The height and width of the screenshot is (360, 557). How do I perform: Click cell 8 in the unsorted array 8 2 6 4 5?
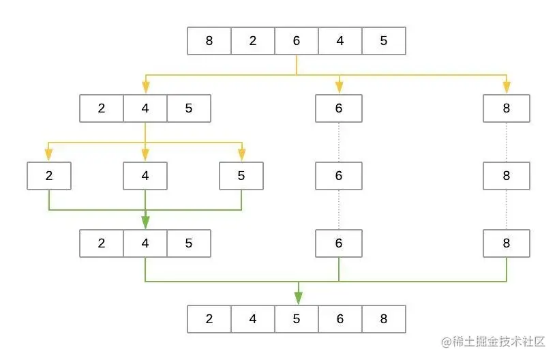(209, 41)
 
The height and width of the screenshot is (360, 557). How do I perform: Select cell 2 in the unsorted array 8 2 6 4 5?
(253, 41)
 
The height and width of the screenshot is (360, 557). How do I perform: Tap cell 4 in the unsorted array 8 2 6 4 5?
(340, 41)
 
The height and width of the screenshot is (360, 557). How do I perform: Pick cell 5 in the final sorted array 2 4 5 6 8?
(297, 318)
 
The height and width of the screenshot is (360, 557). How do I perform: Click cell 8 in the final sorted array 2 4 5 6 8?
(384, 318)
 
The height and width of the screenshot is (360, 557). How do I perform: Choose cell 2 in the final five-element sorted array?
(209, 318)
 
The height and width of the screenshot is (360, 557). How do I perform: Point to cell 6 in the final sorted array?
(340, 318)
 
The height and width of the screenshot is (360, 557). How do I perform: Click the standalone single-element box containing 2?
(49, 176)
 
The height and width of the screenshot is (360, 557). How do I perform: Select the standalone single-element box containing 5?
(241, 176)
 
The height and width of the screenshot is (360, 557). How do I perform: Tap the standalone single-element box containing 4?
(145, 176)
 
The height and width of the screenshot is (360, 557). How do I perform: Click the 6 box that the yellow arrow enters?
(339, 108)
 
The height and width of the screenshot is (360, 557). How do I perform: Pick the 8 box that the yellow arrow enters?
(507, 108)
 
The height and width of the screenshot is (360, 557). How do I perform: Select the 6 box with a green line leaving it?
(339, 243)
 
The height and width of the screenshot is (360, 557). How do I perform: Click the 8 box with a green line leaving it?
(507, 243)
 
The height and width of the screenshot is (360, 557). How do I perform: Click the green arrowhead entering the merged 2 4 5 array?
(145, 222)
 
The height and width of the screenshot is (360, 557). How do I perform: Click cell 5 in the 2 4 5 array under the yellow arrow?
(189, 108)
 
